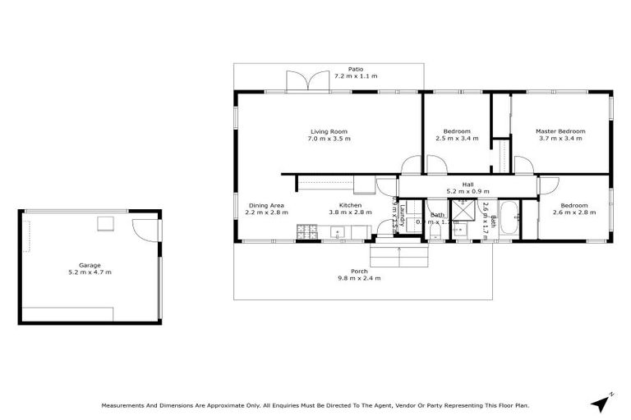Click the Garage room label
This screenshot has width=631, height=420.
pyautogui.click(x=89, y=265)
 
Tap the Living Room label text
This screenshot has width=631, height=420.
pyautogui.click(x=329, y=131)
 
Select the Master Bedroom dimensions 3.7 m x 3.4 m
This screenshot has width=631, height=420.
pyautogui.click(x=560, y=139)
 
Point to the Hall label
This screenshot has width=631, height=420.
pyautogui.click(x=467, y=185)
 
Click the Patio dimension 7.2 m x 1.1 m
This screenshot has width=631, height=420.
pyautogui.click(x=355, y=76)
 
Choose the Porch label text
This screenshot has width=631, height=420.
pyautogui.click(x=359, y=271)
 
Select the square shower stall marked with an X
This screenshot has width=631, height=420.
pyautogui.click(x=463, y=211)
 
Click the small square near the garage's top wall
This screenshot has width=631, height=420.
pyautogui.click(x=106, y=224)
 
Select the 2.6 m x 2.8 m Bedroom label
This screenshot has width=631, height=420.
pyautogui.click(x=573, y=208)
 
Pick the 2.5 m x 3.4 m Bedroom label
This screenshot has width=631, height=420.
pyautogui.click(x=457, y=135)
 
